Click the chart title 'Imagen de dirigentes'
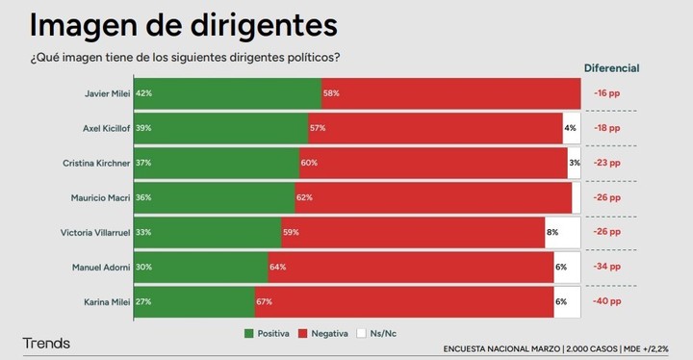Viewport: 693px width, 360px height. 183,23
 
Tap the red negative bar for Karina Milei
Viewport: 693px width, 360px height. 404,301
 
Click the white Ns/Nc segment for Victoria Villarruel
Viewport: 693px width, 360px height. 563,232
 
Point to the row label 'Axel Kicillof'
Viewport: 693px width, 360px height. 103,128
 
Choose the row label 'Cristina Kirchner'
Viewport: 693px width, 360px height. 92,163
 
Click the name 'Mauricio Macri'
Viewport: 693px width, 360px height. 100,197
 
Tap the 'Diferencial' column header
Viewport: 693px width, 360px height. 611,68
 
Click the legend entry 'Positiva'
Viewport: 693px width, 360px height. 269,333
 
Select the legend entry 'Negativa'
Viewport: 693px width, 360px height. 322,333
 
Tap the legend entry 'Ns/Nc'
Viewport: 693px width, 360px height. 376,333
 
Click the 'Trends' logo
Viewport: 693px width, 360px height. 46,344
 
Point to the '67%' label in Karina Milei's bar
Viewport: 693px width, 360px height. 264,301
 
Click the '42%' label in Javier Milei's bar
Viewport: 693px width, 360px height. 144,93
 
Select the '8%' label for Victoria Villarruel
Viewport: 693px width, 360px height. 552,232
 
